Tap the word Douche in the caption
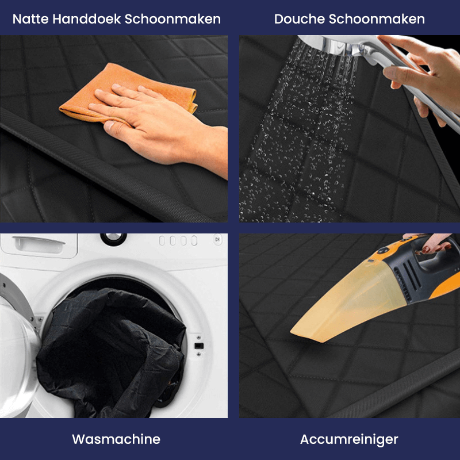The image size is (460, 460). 299,19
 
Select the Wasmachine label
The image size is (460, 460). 116,439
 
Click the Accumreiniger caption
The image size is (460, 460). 349,439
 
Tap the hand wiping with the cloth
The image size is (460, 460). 155,115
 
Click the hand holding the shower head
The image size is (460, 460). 425,75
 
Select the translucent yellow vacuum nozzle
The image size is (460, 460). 345,305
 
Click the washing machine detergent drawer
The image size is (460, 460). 37,244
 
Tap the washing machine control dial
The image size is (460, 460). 113,237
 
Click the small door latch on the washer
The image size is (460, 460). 199,346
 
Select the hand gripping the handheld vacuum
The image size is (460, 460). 431,241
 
